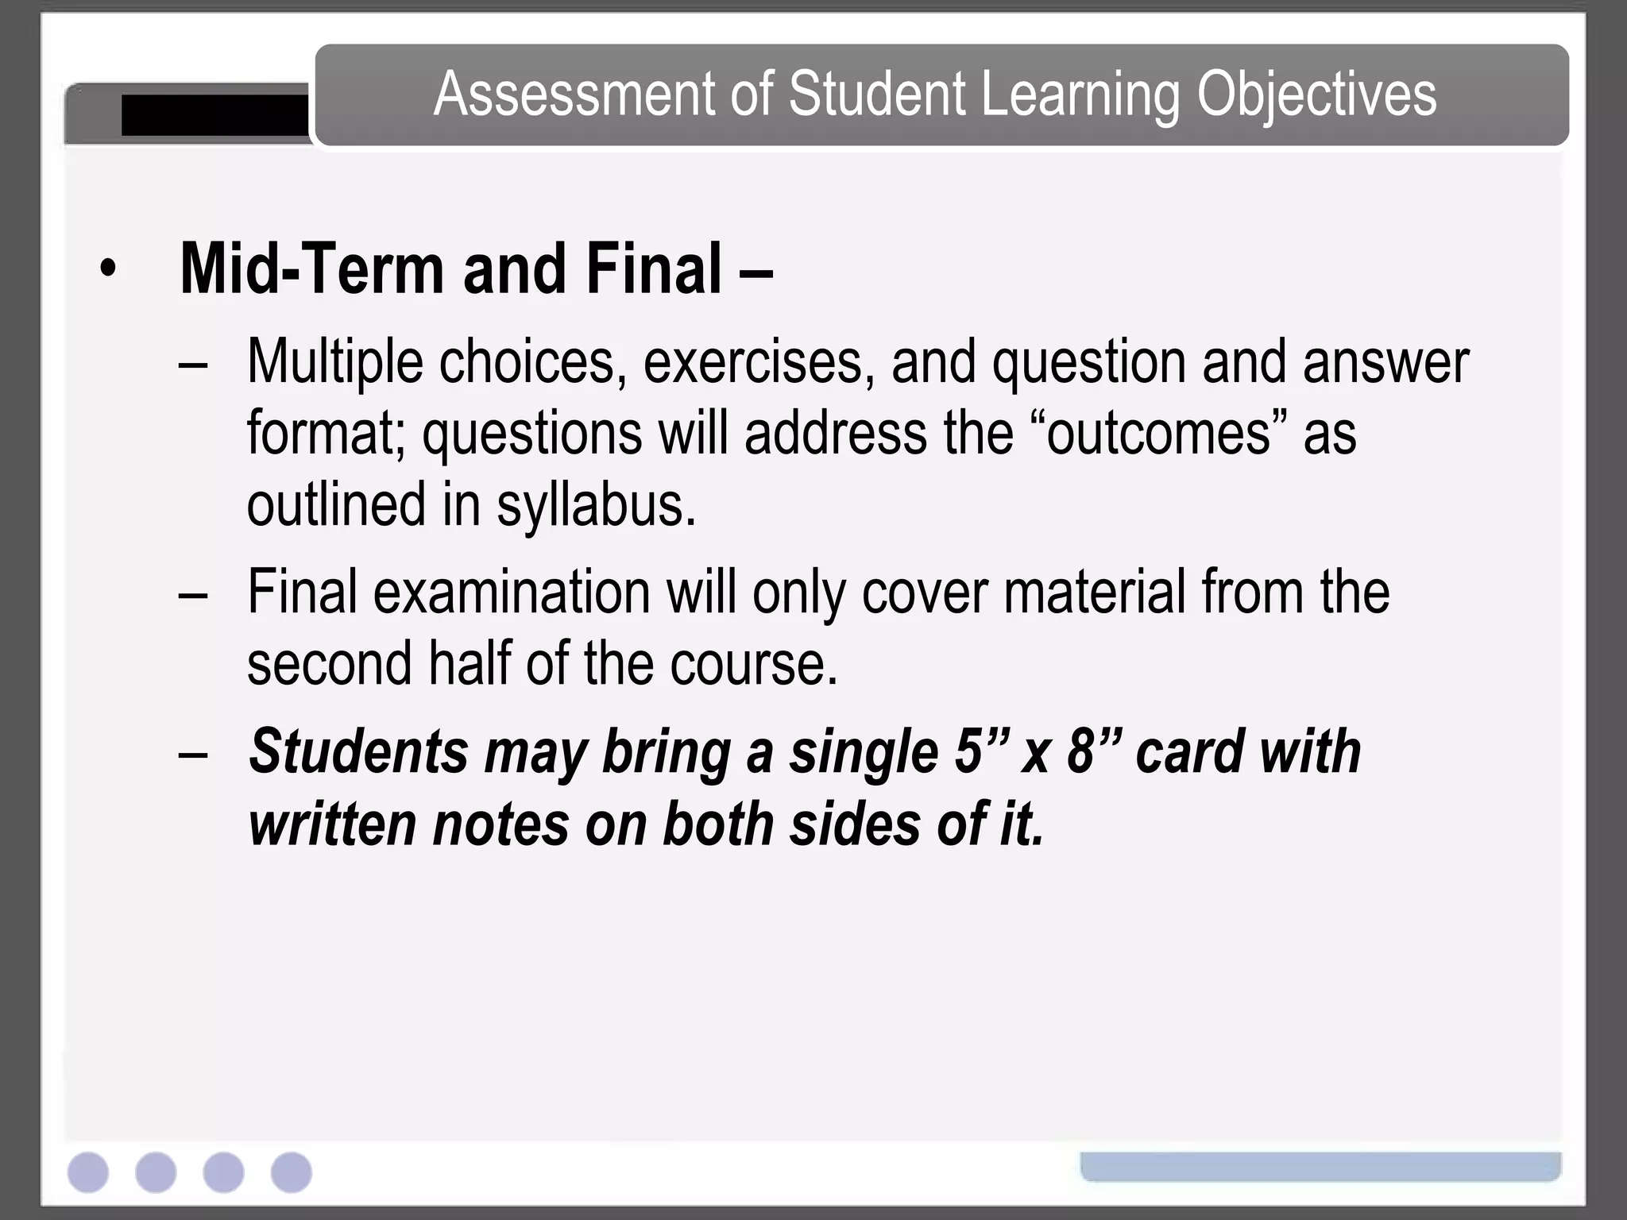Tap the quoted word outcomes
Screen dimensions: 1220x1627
point(1160,434)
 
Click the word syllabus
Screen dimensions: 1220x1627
point(596,505)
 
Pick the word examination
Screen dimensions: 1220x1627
point(512,592)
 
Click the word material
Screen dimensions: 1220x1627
point(1094,592)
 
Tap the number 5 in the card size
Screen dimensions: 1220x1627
point(968,751)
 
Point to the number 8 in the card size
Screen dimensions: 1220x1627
point(1080,751)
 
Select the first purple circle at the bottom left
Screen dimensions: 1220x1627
point(88,1172)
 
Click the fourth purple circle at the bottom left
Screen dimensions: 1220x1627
point(291,1172)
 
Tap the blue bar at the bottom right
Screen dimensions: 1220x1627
point(1320,1166)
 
